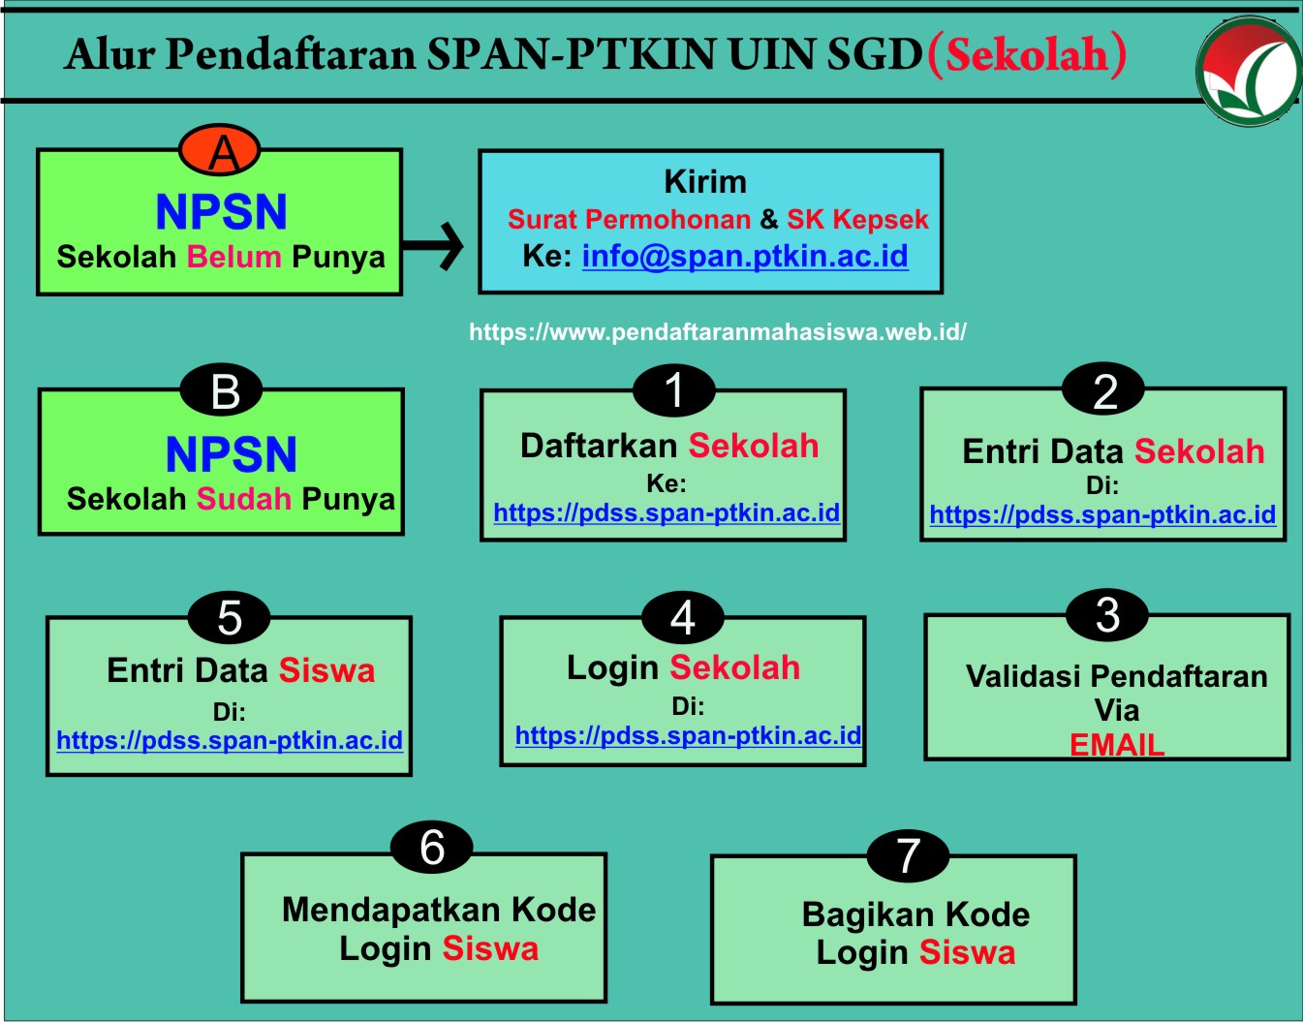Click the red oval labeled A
coord(220,150)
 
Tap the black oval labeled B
coord(222,390)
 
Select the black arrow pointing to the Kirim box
coord(433,246)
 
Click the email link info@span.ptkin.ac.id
coord(745,257)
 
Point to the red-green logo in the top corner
coord(1249,72)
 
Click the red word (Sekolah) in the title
coord(1027,55)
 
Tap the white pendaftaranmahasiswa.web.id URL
coord(717,332)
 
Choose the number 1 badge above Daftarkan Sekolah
coord(674,390)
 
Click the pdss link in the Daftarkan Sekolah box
coord(667,513)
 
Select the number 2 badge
coord(1103,389)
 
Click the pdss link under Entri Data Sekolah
coord(1102,515)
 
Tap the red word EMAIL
coord(1117,745)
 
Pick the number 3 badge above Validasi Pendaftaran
coord(1107,615)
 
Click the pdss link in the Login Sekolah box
coord(689,736)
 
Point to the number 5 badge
coord(229,617)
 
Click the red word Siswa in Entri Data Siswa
coord(326,670)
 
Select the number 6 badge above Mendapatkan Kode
coord(432,848)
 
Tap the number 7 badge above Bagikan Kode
coord(908,856)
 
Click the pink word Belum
coord(233,257)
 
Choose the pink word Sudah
coord(244,499)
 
